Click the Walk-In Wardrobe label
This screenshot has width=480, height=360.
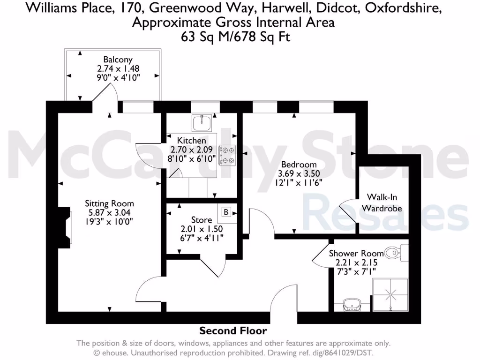pos(384,202)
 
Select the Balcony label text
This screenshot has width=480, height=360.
pos(118,60)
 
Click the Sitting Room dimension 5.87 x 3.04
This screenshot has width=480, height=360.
pos(109,212)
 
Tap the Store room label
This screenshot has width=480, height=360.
pos(201,220)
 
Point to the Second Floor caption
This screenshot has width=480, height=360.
pos(233,331)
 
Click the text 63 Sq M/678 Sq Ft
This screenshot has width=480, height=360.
pos(235,37)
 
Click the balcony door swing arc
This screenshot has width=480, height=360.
pos(102,92)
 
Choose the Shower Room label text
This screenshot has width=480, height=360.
pos(356,254)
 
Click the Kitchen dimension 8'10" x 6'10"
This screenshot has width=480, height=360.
pos(191,159)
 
